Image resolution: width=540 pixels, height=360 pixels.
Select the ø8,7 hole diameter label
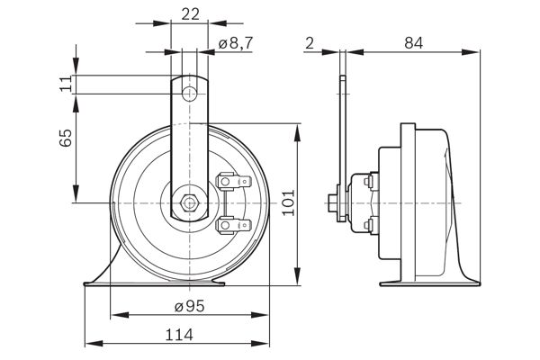click(233, 42)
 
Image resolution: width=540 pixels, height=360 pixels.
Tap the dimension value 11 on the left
click(64, 84)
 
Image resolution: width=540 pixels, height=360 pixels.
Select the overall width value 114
click(180, 334)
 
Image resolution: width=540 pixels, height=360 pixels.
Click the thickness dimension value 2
click(310, 41)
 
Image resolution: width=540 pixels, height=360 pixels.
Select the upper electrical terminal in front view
click(229, 184)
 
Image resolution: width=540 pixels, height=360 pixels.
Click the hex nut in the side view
click(333, 202)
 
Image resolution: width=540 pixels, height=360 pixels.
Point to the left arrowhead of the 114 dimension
click(88, 343)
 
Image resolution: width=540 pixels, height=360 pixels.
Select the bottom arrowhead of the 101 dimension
click(298, 282)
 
